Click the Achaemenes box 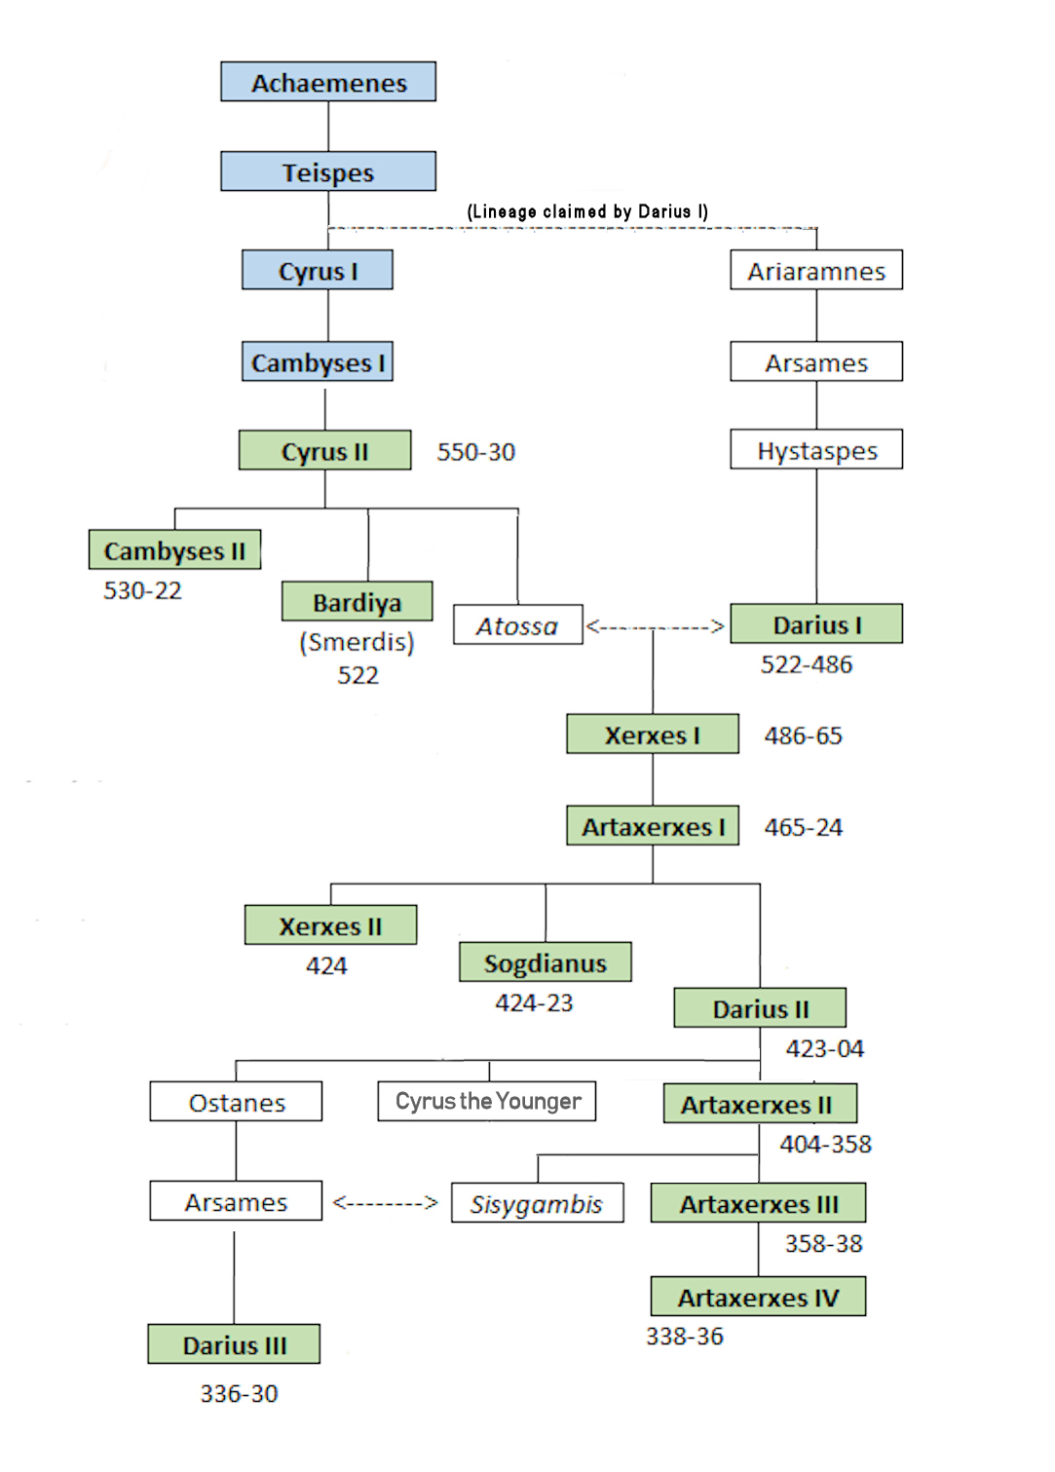(328, 82)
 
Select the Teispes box (328, 171)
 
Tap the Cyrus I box (318, 270)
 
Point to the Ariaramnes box (816, 270)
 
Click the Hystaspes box (816, 450)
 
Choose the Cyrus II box (324, 451)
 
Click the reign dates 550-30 (475, 452)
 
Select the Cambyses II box (174, 550)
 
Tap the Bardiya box (358, 602)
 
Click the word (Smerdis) (358, 642)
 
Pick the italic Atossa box (517, 625)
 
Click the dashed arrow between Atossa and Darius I (656, 626)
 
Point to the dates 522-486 (807, 664)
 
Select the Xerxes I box (653, 735)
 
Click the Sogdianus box (546, 962)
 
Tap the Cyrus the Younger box (487, 1102)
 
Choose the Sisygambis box (537, 1204)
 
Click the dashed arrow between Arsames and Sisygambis (386, 1203)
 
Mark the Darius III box (234, 1344)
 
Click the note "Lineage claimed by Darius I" (587, 211)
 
